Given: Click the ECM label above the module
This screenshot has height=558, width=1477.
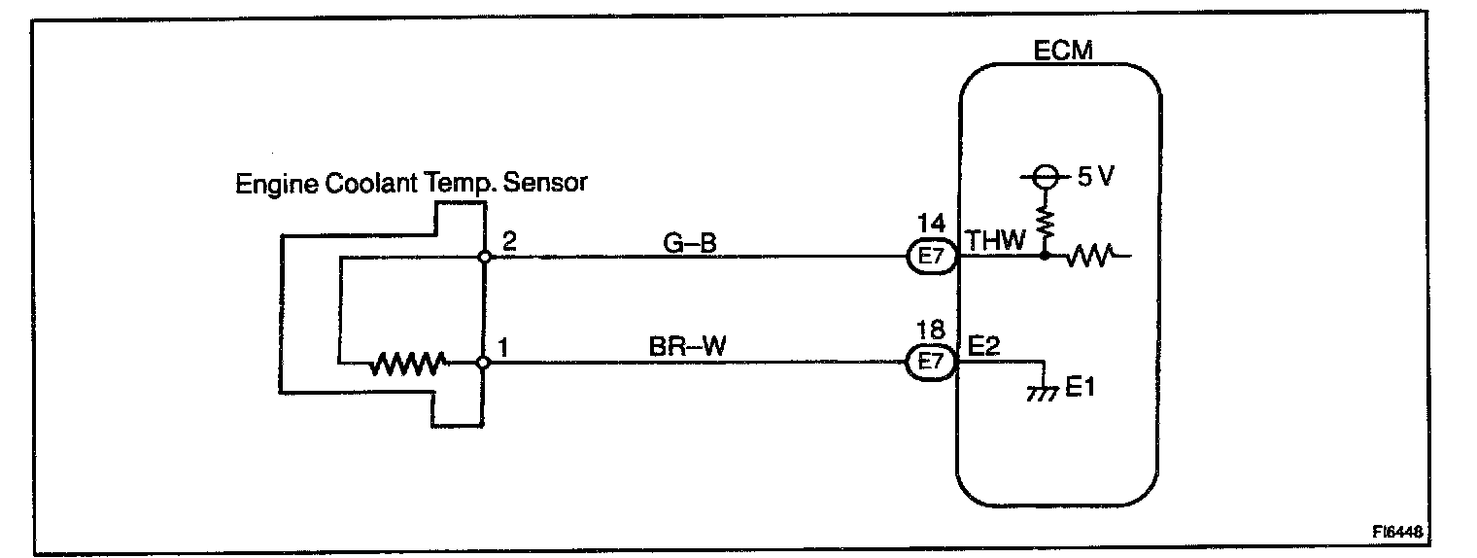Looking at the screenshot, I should click(1062, 51).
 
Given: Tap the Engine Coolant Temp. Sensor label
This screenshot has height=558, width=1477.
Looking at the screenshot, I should click(411, 183).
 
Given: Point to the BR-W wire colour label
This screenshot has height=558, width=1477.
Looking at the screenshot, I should click(688, 347).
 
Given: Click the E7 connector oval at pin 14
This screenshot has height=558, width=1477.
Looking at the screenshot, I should click(933, 258).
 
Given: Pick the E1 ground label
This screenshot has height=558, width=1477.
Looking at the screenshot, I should click(1082, 389).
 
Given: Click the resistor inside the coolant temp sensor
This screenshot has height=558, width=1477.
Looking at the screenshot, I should click(407, 365).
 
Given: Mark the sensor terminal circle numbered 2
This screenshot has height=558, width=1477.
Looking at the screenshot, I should click(484, 258).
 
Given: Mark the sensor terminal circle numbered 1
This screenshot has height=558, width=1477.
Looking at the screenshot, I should click(484, 364).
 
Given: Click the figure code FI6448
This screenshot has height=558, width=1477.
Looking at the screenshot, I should click(1402, 532).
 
